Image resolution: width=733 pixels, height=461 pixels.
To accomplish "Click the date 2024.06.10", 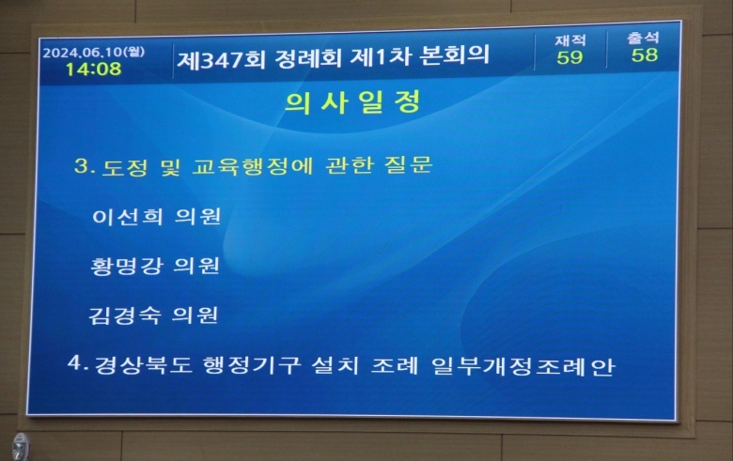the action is (x=83, y=52).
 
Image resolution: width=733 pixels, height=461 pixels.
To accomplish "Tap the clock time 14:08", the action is (x=93, y=69).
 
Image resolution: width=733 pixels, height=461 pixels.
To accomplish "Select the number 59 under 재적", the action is (x=569, y=57).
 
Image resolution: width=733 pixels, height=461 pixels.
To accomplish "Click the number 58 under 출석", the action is (x=645, y=55).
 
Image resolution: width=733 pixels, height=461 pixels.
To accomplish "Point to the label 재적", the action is (x=570, y=40).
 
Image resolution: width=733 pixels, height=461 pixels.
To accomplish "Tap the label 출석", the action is (x=643, y=38).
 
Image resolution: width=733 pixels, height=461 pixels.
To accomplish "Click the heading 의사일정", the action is (x=353, y=102).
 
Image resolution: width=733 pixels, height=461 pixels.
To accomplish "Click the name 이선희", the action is (x=128, y=216).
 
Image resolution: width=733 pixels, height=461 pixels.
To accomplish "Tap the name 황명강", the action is (x=127, y=266).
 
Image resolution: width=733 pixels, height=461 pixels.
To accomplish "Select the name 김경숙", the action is (x=125, y=315).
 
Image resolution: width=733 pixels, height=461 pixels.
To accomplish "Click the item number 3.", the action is (x=85, y=166).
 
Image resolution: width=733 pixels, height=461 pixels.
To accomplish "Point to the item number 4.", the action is (x=78, y=362).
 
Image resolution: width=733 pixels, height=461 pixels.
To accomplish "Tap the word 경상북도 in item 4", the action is (x=144, y=365).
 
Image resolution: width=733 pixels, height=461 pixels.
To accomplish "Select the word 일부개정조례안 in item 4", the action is (x=523, y=366).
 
